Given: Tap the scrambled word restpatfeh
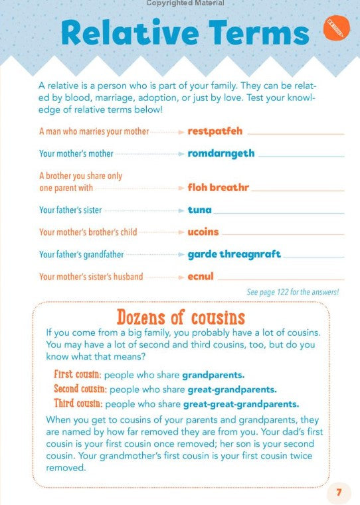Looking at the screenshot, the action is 215,131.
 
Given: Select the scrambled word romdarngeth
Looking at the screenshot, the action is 221,153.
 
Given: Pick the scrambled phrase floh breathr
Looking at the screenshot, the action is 218,187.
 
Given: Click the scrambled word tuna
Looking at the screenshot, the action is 199,210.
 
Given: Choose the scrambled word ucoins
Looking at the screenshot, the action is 203,232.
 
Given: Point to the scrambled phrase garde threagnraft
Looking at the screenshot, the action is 234,254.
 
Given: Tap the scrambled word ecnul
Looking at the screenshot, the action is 201,277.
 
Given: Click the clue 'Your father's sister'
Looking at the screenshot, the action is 70,210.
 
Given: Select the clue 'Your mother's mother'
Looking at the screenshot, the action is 76,154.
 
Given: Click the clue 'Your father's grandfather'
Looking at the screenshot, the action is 81,255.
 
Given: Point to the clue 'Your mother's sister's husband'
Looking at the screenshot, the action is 91,277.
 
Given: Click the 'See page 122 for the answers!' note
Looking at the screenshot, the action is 293,292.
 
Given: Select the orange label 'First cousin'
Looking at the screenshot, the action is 78,374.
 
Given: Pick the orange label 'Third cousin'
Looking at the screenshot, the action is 78,403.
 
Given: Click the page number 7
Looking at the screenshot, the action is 339,492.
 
